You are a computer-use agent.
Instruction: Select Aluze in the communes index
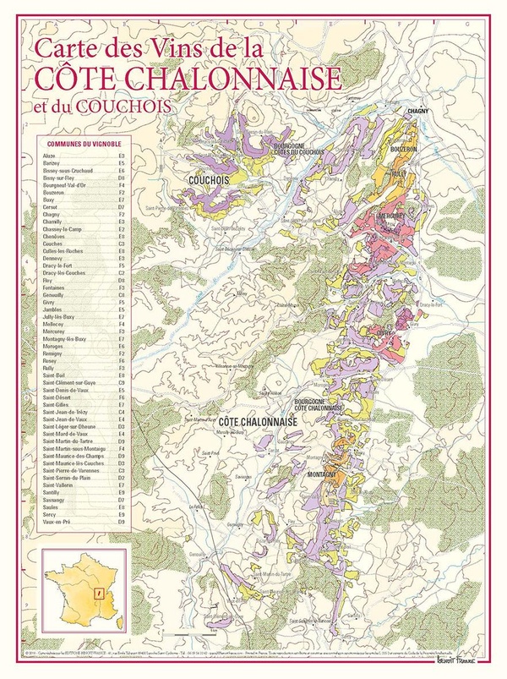coord(49,157)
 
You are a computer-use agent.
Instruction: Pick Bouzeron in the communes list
coord(55,193)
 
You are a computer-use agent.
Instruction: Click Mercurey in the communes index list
coord(55,331)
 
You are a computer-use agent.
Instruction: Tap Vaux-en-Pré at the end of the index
coord(57,523)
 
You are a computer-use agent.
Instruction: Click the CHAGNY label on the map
coord(419,112)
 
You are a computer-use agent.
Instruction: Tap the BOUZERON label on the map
coord(403,149)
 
